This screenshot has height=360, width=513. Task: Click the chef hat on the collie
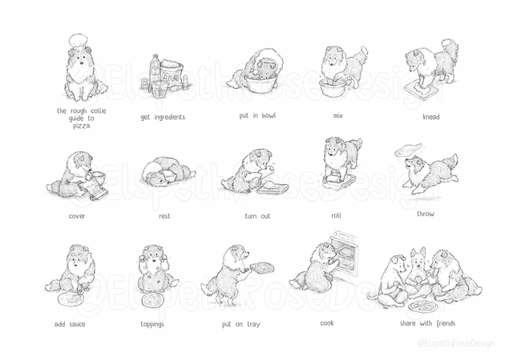78,42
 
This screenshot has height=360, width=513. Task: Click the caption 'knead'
431,117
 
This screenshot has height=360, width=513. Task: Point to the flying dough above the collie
408,149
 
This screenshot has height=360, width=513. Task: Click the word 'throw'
426,214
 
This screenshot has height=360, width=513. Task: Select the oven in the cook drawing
345,254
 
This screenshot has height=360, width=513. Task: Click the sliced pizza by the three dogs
423,307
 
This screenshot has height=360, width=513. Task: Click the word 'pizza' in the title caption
81,126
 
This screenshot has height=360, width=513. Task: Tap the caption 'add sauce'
70,324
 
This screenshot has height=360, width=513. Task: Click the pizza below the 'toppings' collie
153,300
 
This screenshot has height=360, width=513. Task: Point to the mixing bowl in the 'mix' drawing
333,87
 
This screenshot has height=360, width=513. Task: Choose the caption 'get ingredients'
163,117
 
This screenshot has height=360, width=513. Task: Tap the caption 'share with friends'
427,323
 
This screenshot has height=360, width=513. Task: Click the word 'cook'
327,323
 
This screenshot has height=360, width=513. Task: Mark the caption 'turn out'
257,216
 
